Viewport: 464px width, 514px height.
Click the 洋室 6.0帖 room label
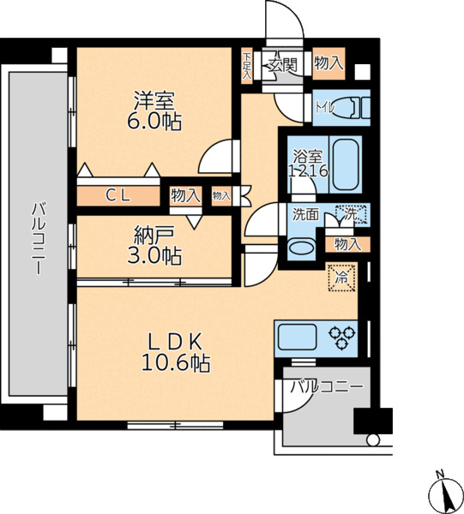pyautogui.click(x=154, y=111)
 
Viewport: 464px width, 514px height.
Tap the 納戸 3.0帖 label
pyautogui.click(x=154, y=246)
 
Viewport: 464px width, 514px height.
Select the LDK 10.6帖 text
pyautogui.click(x=176, y=353)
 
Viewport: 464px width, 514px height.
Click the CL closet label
pyautogui.click(x=118, y=195)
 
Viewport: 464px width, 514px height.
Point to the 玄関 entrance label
pyautogui.click(x=283, y=65)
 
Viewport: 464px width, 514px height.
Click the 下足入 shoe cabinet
pyautogui.click(x=247, y=66)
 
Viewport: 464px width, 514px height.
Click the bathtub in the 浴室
pyautogui.click(x=346, y=164)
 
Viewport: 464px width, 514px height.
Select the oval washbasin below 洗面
pyautogui.click(x=301, y=247)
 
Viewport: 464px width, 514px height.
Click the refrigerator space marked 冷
pyautogui.click(x=342, y=278)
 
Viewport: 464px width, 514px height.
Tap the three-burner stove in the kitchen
pyautogui.click(x=342, y=338)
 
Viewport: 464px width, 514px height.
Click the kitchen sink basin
pyautogui.click(x=298, y=338)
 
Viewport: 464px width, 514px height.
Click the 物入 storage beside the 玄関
pyautogui.click(x=328, y=63)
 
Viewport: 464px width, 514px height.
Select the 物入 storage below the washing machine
pyautogui.click(x=347, y=244)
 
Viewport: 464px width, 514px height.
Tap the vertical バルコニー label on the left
pyautogui.click(x=39, y=238)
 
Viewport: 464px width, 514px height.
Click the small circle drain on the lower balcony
pyautogui.click(x=373, y=439)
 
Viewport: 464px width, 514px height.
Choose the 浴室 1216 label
pyautogui.click(x=308, y=164)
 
